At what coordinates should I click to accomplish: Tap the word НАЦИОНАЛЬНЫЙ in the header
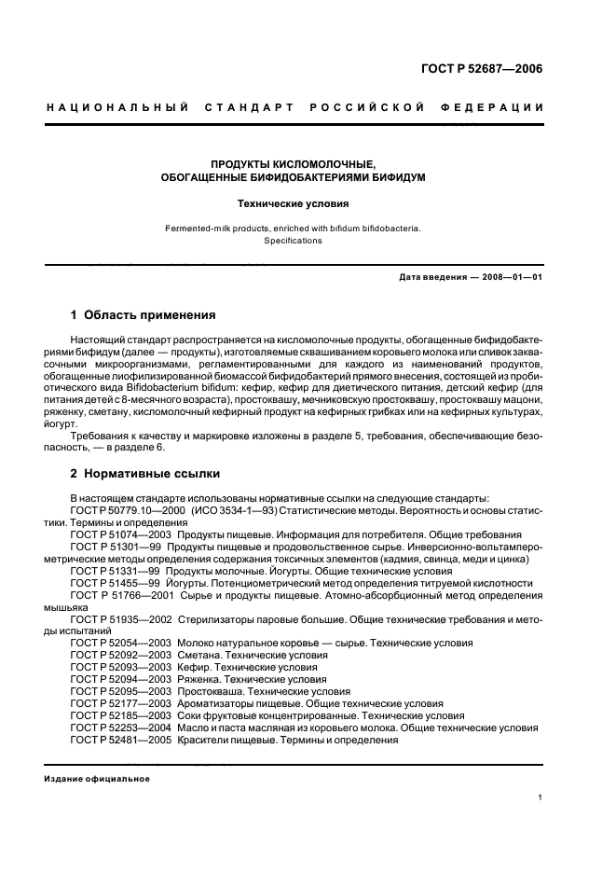tap(118, 107)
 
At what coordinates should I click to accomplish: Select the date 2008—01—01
tap(509, 277)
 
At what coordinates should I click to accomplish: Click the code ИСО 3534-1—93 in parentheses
tap(232, 510)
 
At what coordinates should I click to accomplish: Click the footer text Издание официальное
tap(97, 778)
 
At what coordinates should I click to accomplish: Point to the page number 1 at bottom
tap(540, 797)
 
